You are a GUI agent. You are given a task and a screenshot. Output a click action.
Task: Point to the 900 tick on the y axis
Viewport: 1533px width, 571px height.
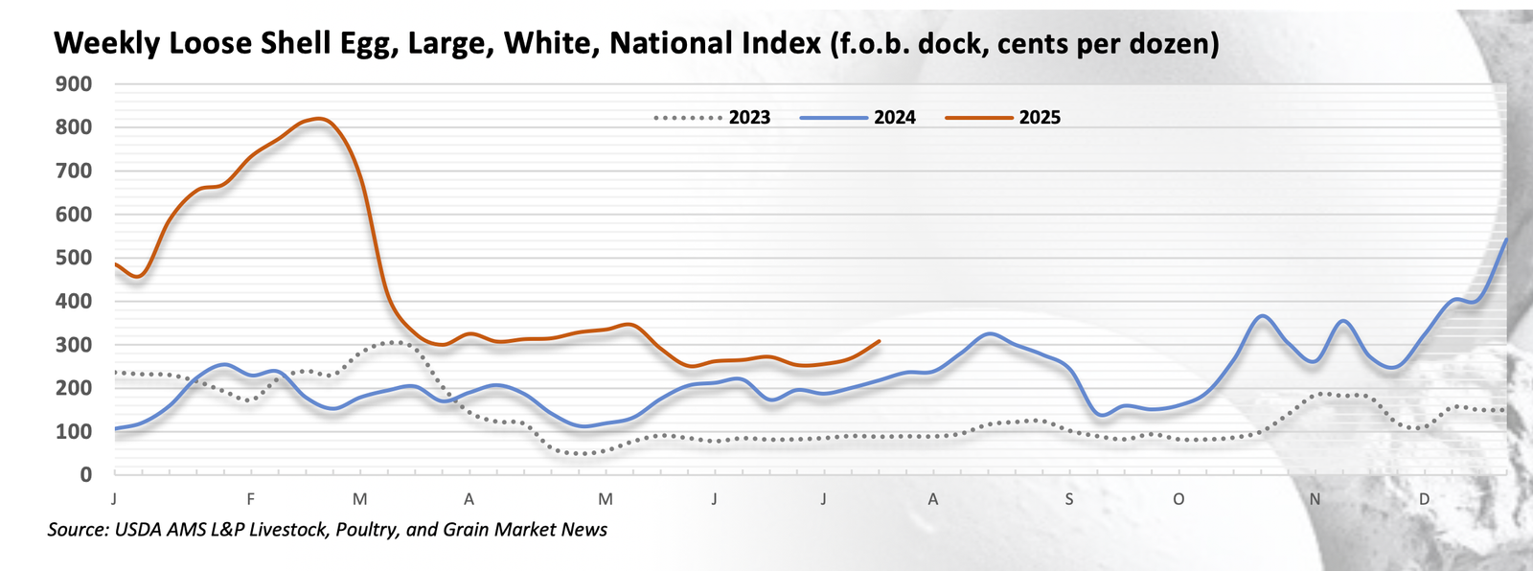(x=74, y=84)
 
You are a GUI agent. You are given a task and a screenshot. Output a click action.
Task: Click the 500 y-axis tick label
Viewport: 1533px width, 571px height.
(x=74, y=258)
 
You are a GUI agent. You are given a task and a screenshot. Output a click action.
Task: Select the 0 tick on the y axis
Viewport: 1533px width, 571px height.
(x=86, y=474)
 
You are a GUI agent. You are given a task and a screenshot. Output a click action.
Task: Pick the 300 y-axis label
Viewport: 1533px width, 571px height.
(x=74, y=345)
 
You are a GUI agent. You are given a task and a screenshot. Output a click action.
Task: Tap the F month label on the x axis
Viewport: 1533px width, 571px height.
(x=251, y=499)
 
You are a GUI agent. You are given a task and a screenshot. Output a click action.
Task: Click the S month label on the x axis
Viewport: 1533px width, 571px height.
(x=1069, y=499)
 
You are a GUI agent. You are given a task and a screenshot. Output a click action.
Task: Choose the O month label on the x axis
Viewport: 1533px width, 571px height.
(x=1178, y=499)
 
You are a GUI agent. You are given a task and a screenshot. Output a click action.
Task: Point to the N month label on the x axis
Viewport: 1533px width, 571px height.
(x=1316, y=499)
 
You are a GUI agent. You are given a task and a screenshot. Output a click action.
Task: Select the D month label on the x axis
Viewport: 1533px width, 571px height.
(x=1425, y=499)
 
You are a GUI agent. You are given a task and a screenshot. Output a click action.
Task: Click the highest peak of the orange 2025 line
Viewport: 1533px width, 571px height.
(x=320, y=119)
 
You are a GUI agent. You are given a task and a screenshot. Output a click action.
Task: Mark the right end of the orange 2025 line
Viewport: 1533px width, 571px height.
(x=880, y=341)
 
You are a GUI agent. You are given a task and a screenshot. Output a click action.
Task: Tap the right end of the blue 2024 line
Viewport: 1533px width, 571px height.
(x=1506, y=240)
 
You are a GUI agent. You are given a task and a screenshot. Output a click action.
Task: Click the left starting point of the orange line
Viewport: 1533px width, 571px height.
(x=115, y=263)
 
